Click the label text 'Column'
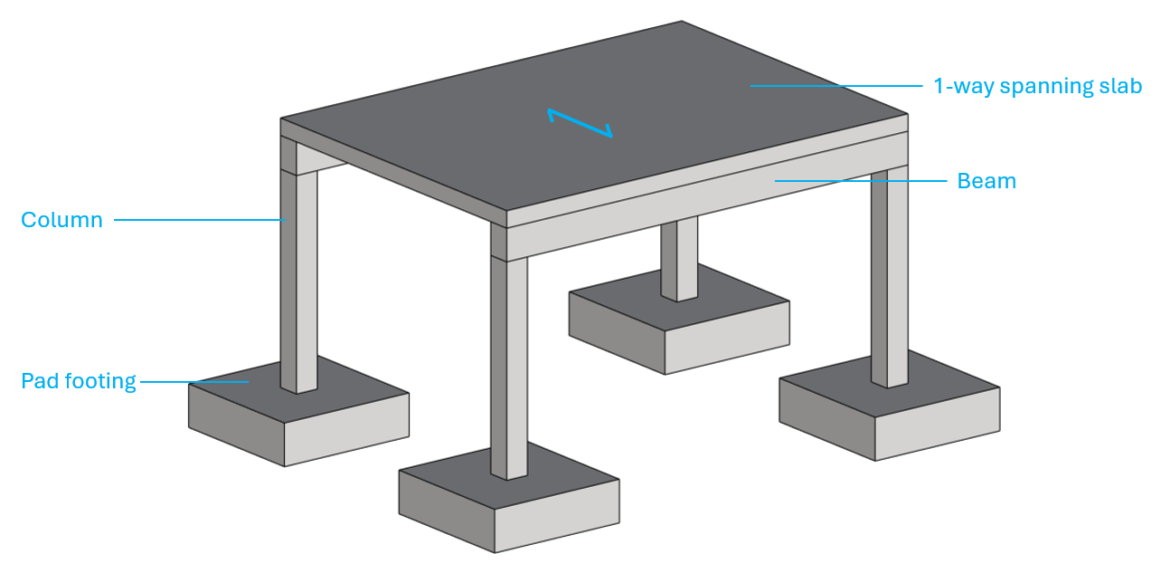(x=61, y=220)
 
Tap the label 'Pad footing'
(x=79, y=381)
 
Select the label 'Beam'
(x=986, y=181)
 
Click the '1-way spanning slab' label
(x=1038, y=86)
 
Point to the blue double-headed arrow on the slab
(x=580, y=123)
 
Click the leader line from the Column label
(x=200, y=220)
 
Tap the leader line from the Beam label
(x=861, y=181)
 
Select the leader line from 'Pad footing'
(x=194, y=382)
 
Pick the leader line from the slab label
(x=836, y=86)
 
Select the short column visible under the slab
(x=679, y=258)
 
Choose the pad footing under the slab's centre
(x=679, y=319)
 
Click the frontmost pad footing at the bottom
(x=509, y=497)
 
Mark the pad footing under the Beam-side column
(x=890, y=406)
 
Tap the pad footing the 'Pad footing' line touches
(x=298, y=411)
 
